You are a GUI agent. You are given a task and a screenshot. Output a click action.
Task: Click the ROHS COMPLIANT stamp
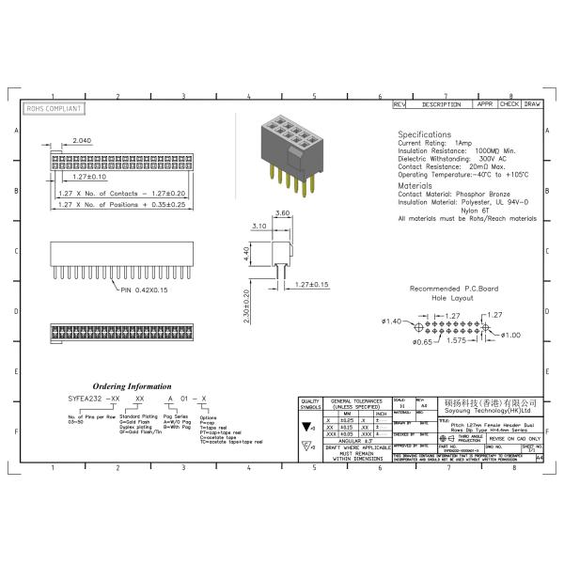53,109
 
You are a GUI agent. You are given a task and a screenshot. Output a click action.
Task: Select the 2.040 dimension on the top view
82,140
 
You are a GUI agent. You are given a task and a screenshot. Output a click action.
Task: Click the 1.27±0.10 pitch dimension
89,176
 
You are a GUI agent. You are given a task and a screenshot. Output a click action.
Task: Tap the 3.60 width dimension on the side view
281,214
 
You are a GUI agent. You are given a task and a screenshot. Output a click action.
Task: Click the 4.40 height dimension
247,253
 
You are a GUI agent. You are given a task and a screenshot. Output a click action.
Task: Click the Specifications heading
424,134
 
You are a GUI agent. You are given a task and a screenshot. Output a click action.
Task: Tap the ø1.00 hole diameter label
511,335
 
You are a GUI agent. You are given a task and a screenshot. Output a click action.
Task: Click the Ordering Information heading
132,386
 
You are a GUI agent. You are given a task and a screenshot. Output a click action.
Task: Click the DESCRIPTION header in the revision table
441,104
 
